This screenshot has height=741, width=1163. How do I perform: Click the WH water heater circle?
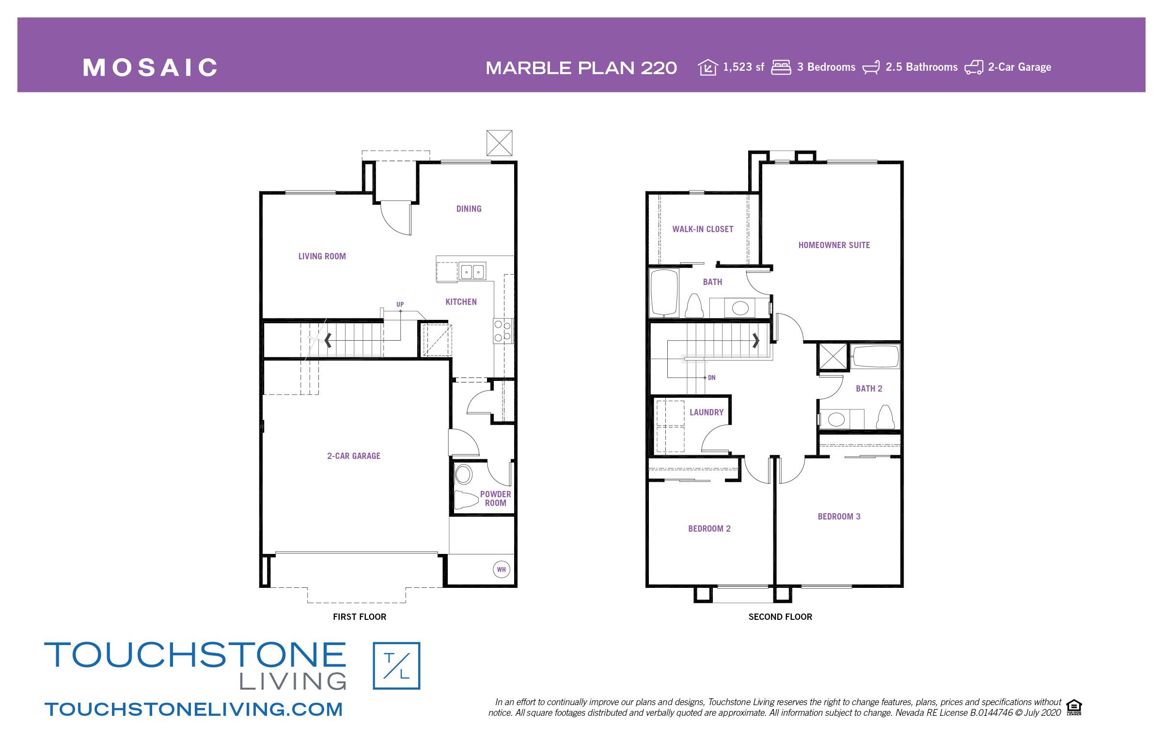(x=501, y=569)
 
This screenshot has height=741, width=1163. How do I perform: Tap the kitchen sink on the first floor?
(x=472, y=272)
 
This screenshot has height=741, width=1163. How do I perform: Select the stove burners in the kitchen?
(x=503, y=331)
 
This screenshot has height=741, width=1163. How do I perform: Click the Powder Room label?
(x=495, y=499)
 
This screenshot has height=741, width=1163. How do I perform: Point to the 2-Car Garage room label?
(x=354, y=456)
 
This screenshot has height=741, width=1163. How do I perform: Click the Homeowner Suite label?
(x=834, y=245)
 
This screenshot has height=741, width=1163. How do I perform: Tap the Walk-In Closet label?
(x=703, y=229)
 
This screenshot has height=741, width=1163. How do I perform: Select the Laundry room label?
(x=707, y=412)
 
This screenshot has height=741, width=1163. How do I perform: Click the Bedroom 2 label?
(x=709, y=529)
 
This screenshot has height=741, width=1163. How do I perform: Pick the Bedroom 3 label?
(x=839, y=517)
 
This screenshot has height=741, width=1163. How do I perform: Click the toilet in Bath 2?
(x=886, y=417)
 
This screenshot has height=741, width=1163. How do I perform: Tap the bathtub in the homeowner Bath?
(x=663, y=293)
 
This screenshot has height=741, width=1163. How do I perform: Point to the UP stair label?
(x=400, y=304)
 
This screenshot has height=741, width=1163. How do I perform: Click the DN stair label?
(x=711, y=378)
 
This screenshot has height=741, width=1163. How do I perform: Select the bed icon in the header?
(x=781, y=67)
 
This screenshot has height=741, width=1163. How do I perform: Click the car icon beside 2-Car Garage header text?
(x=974, y=67)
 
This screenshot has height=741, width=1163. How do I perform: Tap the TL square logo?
(x=396, y=666)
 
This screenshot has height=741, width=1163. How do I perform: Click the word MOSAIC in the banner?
(x=150, y=67)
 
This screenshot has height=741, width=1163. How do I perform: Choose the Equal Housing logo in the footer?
(x=1074, y=707)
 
